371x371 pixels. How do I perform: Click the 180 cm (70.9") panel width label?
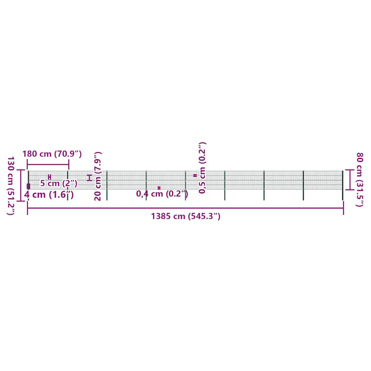[52, 154]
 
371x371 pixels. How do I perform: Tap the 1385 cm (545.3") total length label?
[186, 216]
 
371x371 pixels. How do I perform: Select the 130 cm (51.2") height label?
[11, 186]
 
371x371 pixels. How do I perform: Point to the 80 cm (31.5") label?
[359, 179]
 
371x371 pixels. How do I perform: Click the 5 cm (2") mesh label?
[59, 183]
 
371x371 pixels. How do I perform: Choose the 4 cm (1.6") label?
[49, 194]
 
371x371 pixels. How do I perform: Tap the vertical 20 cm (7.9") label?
[98, 176]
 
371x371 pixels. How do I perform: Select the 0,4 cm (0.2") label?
[162, 194]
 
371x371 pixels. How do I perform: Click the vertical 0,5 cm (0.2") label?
[202, 168]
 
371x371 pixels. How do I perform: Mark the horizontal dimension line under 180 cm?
[48, 165]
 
